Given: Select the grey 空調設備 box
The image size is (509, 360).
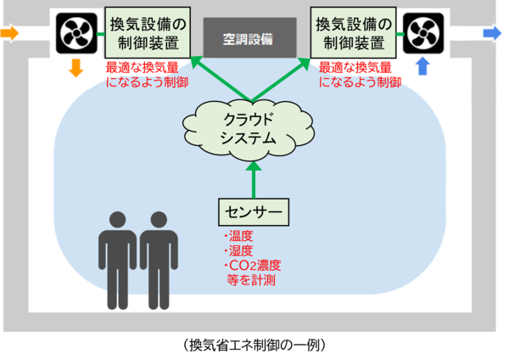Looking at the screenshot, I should (251, 37).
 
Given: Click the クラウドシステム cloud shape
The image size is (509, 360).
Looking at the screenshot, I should (252, 129).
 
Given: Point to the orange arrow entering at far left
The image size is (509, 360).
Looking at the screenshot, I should (10, 34).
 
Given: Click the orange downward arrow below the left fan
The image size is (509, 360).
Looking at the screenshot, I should (76, 68).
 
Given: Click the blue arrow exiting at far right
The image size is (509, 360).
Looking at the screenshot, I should (492, 33).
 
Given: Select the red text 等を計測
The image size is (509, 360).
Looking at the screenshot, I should (251, 279).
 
